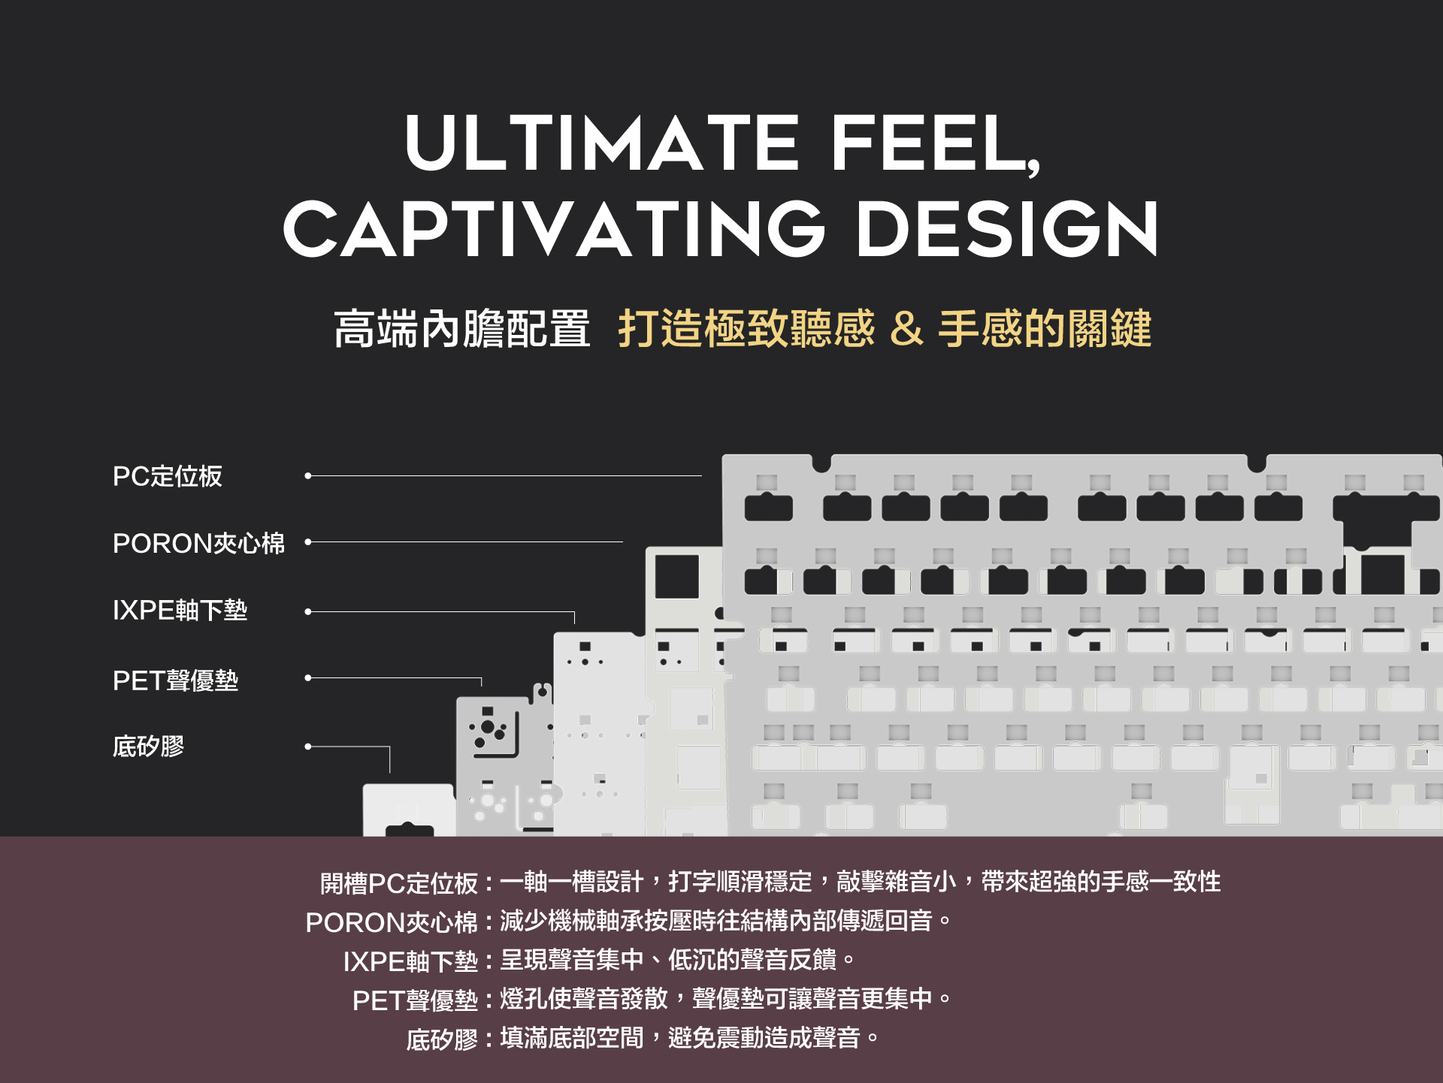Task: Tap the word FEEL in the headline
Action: (932, 143)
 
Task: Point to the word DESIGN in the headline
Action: (1007, 229)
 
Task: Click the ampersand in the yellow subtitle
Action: (906, 329)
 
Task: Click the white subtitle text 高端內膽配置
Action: (461, 329)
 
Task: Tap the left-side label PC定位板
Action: (167, 476)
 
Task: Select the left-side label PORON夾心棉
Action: (198, 543)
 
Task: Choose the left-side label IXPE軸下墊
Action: (180, 610)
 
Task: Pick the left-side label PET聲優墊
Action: (175, 680)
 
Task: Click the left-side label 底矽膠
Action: (148, 747)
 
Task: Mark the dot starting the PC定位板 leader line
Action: (308, 475)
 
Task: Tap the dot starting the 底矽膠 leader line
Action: (308, 747)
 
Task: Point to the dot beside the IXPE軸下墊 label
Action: (308, 612)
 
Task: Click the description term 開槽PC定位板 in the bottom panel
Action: (399, 883)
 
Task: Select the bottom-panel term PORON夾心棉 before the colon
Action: (392, 922)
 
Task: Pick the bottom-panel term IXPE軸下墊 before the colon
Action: (410, 961)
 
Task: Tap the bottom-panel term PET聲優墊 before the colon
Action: (415, 1000)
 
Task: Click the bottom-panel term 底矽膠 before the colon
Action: (442, 1039)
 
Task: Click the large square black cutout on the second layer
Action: (676, 577)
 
